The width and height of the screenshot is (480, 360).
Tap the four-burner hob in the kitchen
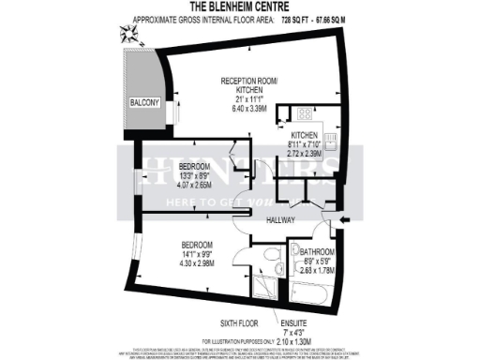[x=307, y=114]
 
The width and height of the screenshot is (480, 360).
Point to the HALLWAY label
[x=280, y=220]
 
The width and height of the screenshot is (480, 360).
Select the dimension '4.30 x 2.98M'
[x=194, y=263]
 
